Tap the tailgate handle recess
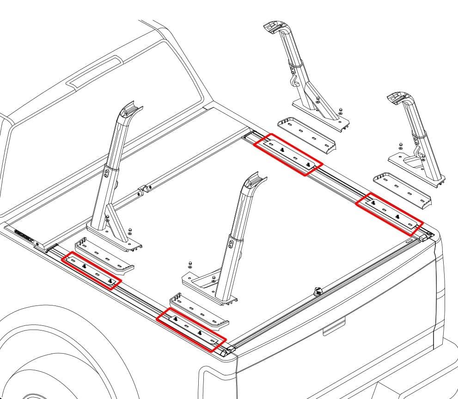[x=334, y=327]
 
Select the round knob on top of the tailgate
[x=317, y=291]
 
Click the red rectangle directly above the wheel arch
[x=91, y=271]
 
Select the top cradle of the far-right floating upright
[x=397, y=98]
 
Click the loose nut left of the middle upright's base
[x=189, y=265]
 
